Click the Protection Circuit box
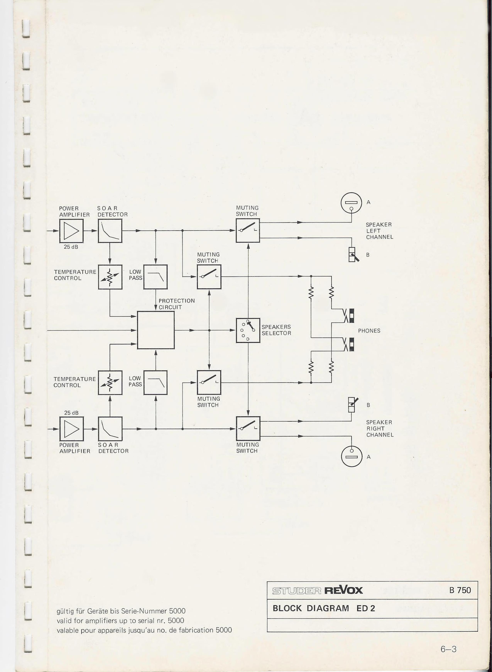(x=156, y=330)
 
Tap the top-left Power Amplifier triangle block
(x=71, y=231)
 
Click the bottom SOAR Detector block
(x=110, y=429)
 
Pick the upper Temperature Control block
(x=110, y=277)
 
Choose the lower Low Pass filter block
(x=156, y=382)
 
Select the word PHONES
(x=369, y=331)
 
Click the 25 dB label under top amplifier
(x=71, y=247)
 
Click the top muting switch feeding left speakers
(x=248, y=230)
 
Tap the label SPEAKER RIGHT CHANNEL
(x=380, y=428)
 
